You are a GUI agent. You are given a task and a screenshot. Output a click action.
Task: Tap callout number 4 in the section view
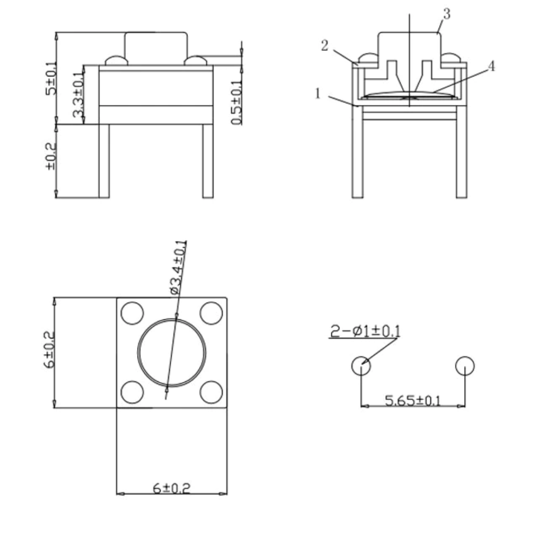pos(491,67)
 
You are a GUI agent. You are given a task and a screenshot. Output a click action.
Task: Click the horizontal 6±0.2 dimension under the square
pos(172,488)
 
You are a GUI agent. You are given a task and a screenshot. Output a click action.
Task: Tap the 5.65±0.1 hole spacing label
pos(413,400)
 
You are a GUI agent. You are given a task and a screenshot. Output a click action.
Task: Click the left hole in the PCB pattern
pos(361,366)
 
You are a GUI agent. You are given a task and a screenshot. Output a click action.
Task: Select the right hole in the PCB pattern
pos(465,366)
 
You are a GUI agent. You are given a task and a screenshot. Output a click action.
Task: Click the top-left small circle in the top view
pos(133,313)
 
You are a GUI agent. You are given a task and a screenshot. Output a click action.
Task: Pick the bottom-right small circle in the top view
pos(211,392)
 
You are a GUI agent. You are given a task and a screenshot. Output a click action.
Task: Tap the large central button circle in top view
pos(172,353)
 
